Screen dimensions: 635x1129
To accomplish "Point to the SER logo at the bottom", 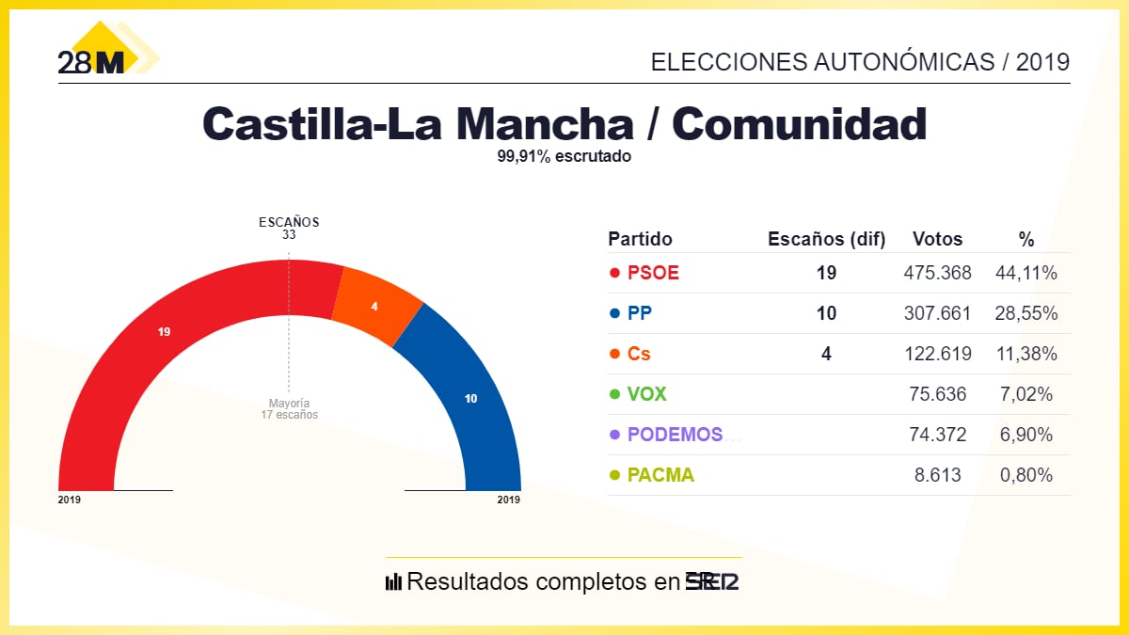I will coord(712,581).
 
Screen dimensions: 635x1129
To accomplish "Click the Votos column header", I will coord(937,239).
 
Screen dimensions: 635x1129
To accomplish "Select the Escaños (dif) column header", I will coord(827,239).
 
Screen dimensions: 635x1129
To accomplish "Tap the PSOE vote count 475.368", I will coord(937,273).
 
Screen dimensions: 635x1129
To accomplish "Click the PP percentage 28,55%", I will coord(1026,313).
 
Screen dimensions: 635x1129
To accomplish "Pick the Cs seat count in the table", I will coord(826,354).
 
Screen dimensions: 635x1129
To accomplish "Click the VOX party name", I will coord(646,394).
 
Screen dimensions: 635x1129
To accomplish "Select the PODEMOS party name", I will coord(676,435).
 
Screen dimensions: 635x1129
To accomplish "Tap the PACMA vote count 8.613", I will coord(938,475).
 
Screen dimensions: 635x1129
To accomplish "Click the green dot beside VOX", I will coord(614,394).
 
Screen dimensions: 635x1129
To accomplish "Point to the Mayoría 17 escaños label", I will coord(289,408).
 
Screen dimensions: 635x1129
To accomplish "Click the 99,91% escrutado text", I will coord(564,157).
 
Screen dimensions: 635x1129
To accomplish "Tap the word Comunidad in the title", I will coord(800,123).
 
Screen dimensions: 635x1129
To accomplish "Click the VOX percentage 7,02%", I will coord(1026,394).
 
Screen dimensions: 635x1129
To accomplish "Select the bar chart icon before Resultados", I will coord(393,581).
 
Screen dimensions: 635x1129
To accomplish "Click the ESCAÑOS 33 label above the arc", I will coord(289,229).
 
